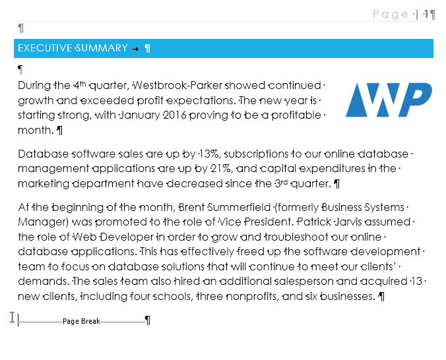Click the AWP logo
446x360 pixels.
pyautogui.click(x=389, y=100)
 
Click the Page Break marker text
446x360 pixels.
pyautogui.click(x=81, y=321)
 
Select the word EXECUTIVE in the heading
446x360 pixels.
pyautogui.click(x=46, y=48)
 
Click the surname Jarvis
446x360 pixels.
pyautogui.click(x=338, y=222)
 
